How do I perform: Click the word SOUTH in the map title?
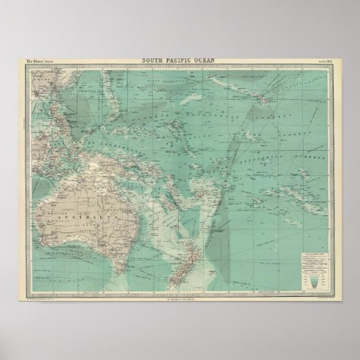153,60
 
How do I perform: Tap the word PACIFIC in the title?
179,60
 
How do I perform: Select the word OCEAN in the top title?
204,60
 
